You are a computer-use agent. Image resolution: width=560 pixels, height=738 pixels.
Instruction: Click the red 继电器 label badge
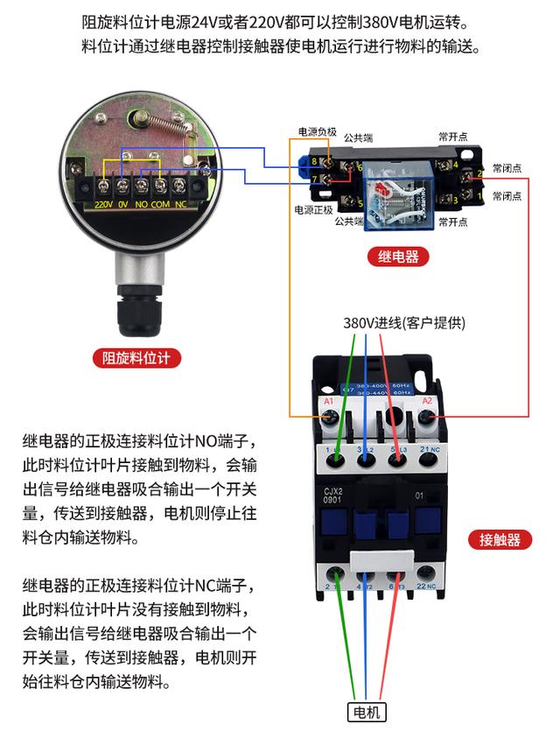coord(398,257)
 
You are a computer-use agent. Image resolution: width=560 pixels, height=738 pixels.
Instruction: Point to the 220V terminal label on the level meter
coord(105,205)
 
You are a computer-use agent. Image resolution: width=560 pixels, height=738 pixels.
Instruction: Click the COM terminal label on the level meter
coord(159,205)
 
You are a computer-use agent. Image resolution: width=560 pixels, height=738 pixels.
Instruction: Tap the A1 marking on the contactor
coord(330,401)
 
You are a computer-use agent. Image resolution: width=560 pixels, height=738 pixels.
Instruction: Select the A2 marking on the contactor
coord(428,401)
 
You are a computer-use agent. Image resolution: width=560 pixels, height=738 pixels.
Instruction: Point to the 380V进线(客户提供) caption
coord(403,323)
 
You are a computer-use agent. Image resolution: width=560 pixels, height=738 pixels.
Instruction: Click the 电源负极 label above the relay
coord(316,132)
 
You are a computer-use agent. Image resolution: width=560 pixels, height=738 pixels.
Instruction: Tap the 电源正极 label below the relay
coord(316,210)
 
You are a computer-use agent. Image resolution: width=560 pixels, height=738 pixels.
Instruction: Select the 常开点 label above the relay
coord(453,137)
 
